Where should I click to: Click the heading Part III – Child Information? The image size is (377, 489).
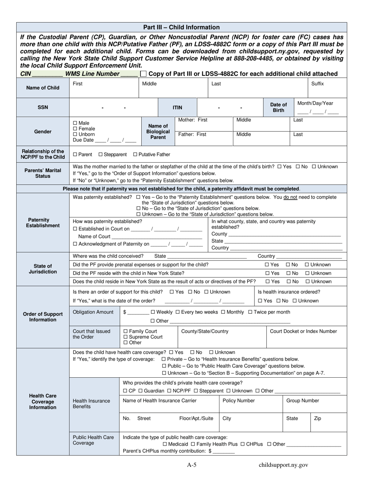tap(181, 27)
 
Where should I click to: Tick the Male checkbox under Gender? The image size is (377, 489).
tap(75, 123)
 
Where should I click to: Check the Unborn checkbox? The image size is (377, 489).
tap(75, 134)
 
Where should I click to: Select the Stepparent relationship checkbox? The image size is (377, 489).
tap(100, 154)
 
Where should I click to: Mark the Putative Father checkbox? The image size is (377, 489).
tap(135, 154)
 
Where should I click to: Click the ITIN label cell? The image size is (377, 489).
tap(177, 107)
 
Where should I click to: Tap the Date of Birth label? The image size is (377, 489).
tap(279, 107)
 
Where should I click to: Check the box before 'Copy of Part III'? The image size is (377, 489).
tap(143, 74)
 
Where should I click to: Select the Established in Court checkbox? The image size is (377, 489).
tap(75, 229)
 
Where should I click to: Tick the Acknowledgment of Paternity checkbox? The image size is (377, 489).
tap(75, 244)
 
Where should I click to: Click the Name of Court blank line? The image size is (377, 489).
tap(157, 237)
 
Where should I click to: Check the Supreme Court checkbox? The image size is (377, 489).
tap(126, 337)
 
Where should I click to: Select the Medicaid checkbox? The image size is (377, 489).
tap(165, 444)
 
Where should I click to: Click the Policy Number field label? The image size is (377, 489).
tap(239, 401)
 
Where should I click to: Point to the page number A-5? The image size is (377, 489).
tap(192, 465)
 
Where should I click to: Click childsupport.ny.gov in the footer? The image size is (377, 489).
tap(283, 465)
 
